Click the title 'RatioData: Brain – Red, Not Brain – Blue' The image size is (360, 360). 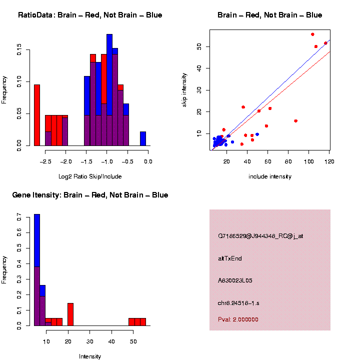click(90, 15)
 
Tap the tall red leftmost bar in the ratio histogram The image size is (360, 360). click(36, 115)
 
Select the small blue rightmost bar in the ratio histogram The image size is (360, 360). click(143, 138)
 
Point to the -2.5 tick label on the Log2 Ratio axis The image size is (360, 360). click(45, 162)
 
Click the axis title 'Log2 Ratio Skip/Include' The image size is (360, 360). click(90, 176)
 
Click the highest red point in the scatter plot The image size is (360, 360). click(312, 34)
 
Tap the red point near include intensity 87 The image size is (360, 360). click(296, 121)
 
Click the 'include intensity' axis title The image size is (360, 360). click(270, 176)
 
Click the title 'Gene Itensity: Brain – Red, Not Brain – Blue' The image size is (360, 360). click(90, 195)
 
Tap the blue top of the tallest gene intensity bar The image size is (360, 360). click(36, 240)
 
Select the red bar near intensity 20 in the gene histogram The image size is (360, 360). click(70, 314)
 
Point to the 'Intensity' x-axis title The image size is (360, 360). click(90, 356)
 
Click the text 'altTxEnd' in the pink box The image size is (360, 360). click(230, 258)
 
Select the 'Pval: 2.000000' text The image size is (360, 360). click(238, 319)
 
